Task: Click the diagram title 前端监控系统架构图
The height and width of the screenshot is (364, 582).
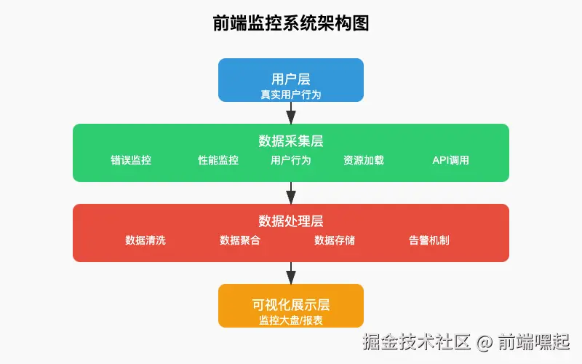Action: [291, 23]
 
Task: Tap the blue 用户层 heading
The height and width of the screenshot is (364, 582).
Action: [291, 79]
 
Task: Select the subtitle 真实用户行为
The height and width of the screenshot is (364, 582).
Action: [291, 95]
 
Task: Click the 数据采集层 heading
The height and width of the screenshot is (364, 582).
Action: [291, 141]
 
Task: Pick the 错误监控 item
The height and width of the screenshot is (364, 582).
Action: [131, 160]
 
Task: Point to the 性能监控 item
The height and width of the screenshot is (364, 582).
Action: [218, 160]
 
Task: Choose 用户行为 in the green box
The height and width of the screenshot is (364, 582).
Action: [290, 160]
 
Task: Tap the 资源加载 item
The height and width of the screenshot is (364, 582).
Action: [364, 160]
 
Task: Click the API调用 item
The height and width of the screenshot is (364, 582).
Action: [450, 160]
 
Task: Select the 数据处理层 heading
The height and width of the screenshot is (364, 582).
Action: [291, 221]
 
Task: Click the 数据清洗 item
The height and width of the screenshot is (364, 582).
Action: [145, 240]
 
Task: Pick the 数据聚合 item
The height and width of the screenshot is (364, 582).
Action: [240, 240]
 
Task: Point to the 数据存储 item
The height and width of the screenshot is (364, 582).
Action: [335, 240]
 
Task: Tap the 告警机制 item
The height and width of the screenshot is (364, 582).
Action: [429, 240]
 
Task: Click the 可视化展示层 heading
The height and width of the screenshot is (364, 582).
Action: [291, 305]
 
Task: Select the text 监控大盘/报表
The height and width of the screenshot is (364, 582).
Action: [291, 320]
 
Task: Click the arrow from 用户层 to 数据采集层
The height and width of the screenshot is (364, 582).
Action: [291, 113]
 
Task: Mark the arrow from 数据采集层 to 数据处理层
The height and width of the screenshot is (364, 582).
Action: [291, 193]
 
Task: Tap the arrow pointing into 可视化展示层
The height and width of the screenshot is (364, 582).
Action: [291, 274]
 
